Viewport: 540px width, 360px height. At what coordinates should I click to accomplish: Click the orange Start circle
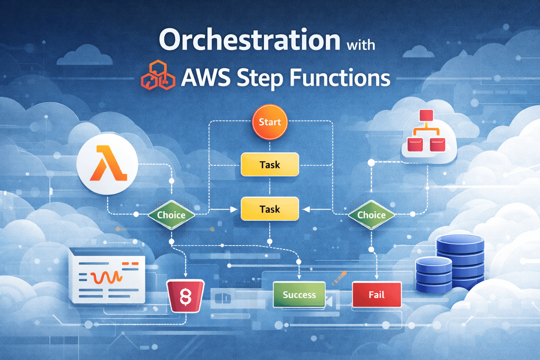pos(270,122)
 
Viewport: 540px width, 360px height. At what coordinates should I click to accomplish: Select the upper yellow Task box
pos(270,165)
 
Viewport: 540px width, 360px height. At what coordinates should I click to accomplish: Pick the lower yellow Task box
pos(270,209)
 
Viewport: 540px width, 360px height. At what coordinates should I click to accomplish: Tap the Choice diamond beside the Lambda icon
pos(171,215)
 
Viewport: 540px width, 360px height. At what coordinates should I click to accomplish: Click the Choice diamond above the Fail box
pos(372,215)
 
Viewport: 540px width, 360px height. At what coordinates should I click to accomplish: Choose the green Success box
pos(299,295)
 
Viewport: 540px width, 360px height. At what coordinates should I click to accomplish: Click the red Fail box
pos(377,295)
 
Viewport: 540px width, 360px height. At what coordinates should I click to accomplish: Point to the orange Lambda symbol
pos(108,164)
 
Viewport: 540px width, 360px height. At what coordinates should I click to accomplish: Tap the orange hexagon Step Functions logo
pos(158,75)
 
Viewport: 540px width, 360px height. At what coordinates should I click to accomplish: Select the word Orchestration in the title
pos(250,40)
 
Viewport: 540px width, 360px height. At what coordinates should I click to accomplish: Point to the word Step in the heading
pos(259,78)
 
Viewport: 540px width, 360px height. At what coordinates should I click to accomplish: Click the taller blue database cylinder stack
pos(461,262)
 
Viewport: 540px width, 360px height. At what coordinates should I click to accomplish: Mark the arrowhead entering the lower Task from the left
pos(233,210)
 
